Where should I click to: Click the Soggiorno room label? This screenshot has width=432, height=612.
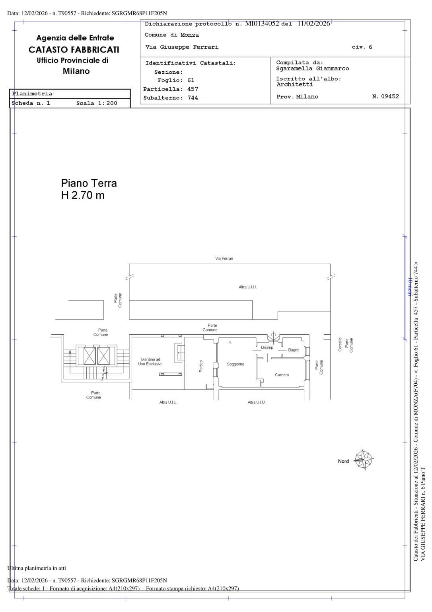click(x=235, y=364)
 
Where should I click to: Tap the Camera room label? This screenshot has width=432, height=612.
click(x=282, y=375)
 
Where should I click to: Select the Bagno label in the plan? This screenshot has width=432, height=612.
click(x=294, y=350)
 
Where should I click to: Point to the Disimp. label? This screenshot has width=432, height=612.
click(x=267, y=347)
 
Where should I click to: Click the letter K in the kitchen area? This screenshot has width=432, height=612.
click(x=230, y=342)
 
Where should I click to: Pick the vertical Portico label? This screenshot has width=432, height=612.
click(x=201, y=366)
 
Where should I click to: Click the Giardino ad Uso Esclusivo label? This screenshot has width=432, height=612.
click(x=150, y=362)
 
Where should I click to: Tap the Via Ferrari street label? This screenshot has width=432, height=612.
click(x=224, y=259)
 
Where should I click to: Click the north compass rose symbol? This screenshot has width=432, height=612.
click(x=364, y=460)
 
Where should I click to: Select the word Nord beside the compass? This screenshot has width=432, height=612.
click(x=343, y=461)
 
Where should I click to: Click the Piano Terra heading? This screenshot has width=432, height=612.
click(x=89, y=183)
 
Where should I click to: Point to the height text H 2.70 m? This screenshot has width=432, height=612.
click(x=83, y=195)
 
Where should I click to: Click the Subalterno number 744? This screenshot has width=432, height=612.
click(x=193, y=98)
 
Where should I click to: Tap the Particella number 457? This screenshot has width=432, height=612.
click(x=193, y=89)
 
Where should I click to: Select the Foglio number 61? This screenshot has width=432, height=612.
click(x=191, y=80)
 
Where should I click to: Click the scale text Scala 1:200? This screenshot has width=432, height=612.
click(x=97, y=103)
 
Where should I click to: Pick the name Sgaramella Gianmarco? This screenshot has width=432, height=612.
click(x=313, y=69)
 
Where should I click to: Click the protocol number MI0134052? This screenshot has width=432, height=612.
click(x=262, y=24)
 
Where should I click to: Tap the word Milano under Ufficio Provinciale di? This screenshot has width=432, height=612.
click(x=76, y=71)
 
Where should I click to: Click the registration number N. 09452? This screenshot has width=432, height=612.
click(x=385, y=96)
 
